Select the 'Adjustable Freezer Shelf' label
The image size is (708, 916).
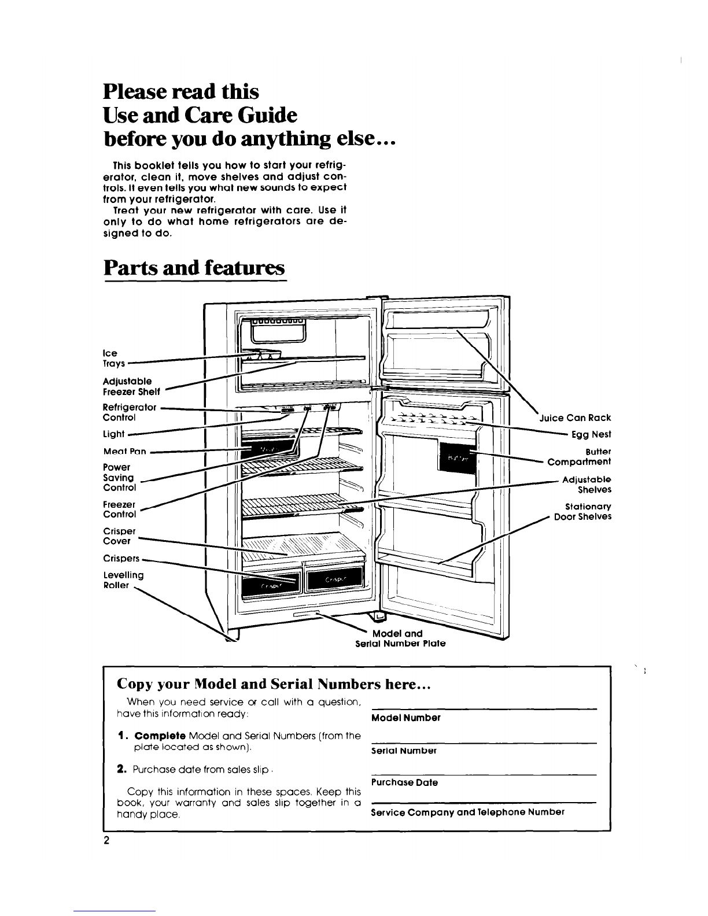point(128,386)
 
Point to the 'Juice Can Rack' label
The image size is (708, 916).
point(575,418)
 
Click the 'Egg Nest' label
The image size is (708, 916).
point(591,434)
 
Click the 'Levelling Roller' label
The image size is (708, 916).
point(123,579)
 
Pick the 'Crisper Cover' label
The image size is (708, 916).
point(119,535)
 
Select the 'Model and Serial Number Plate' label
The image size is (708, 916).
point(400,638)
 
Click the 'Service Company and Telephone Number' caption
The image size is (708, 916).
point(467,811)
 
